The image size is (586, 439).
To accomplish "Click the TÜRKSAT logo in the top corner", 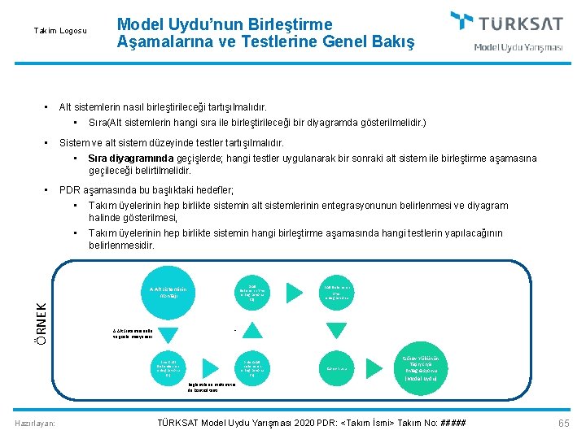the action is [505, 22].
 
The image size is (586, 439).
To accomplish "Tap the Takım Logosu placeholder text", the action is [59, 31].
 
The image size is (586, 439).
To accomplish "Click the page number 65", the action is [564, 423].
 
